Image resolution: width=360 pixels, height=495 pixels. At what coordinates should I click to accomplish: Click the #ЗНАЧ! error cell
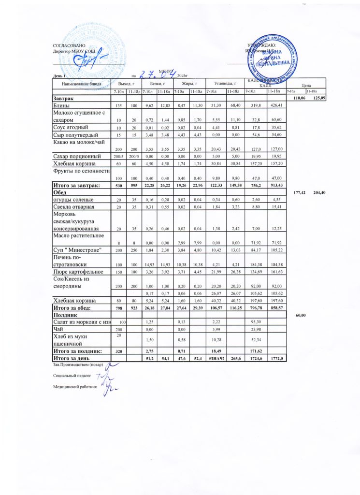pyautogui.click(x=213, y=359)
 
